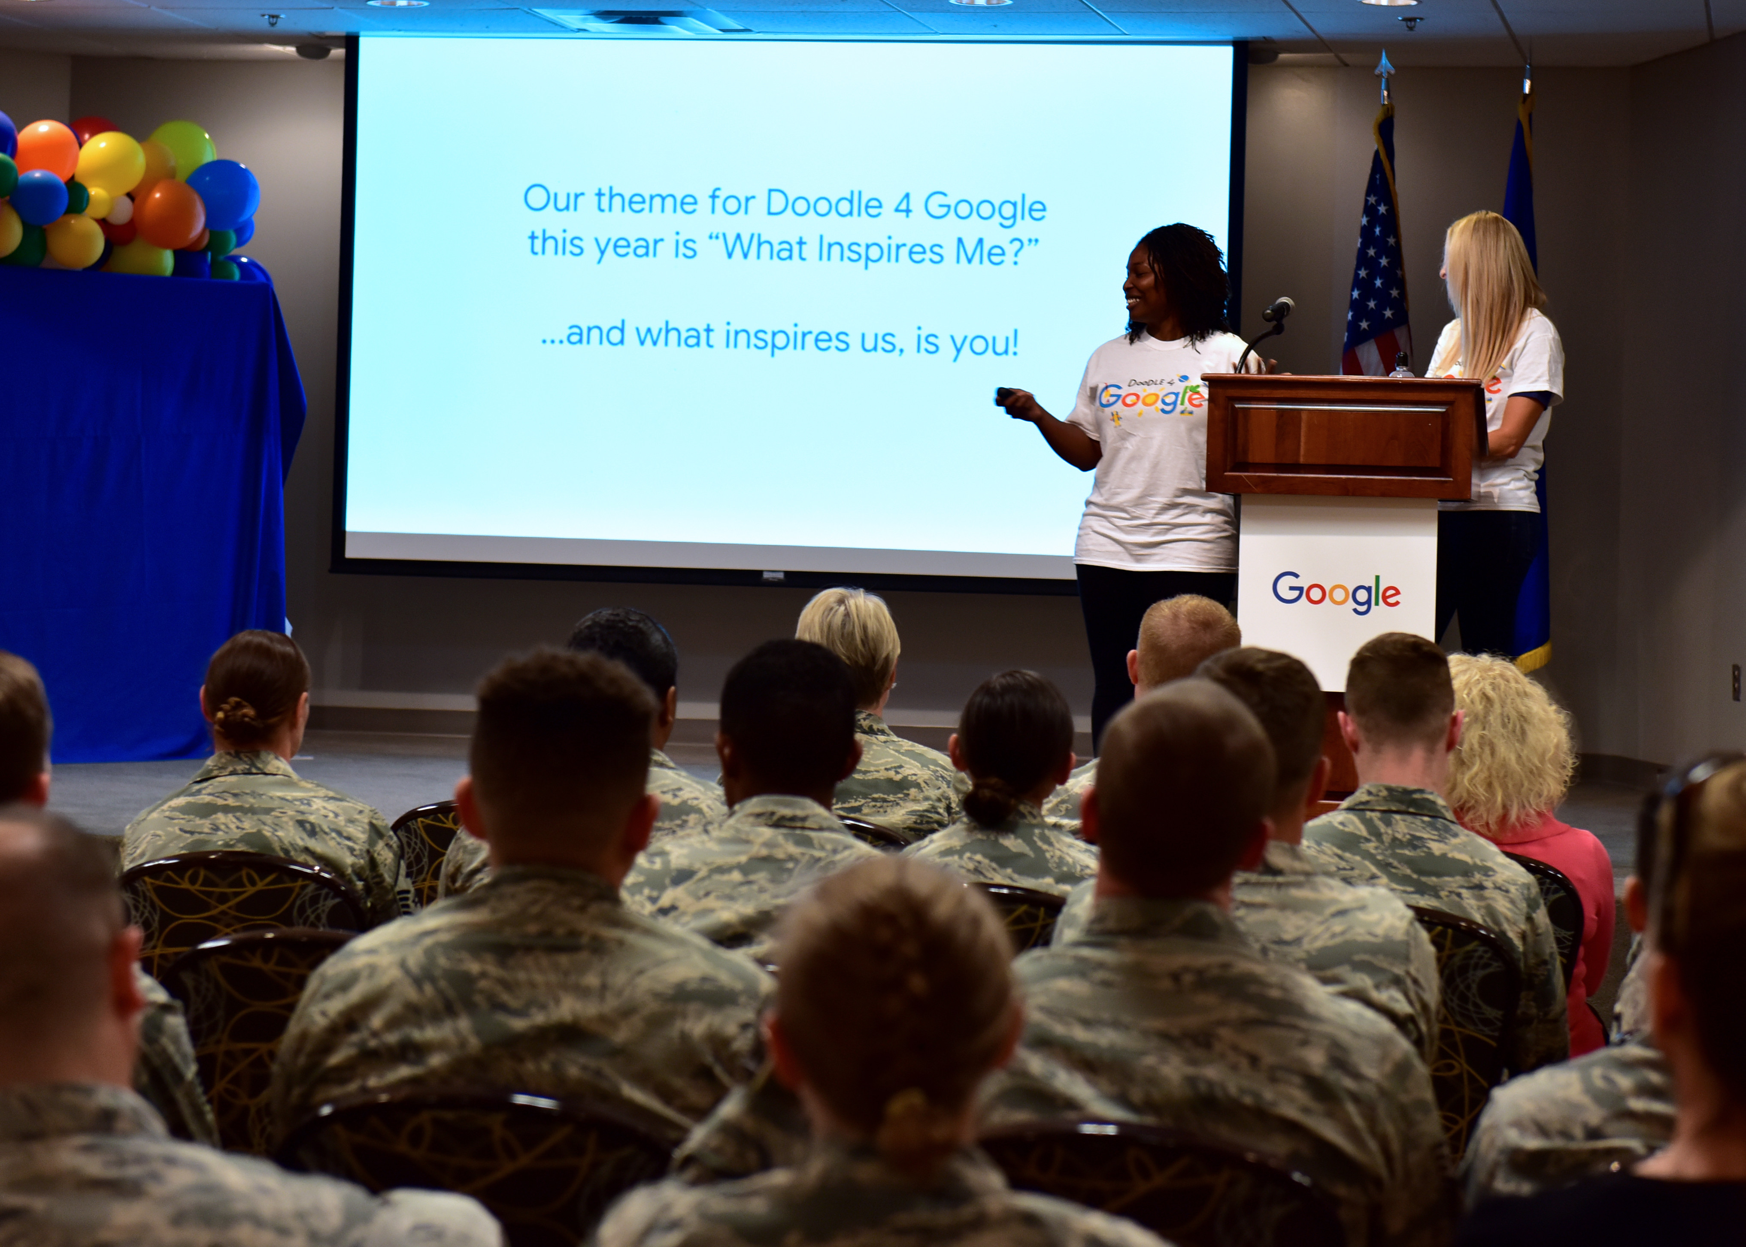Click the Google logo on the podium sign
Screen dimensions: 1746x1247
coord(1336,592)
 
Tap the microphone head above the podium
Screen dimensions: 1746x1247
coord(1279,309)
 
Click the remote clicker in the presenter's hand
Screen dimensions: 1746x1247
coord(1005,396)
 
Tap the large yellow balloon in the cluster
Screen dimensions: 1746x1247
coord(111,163)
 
